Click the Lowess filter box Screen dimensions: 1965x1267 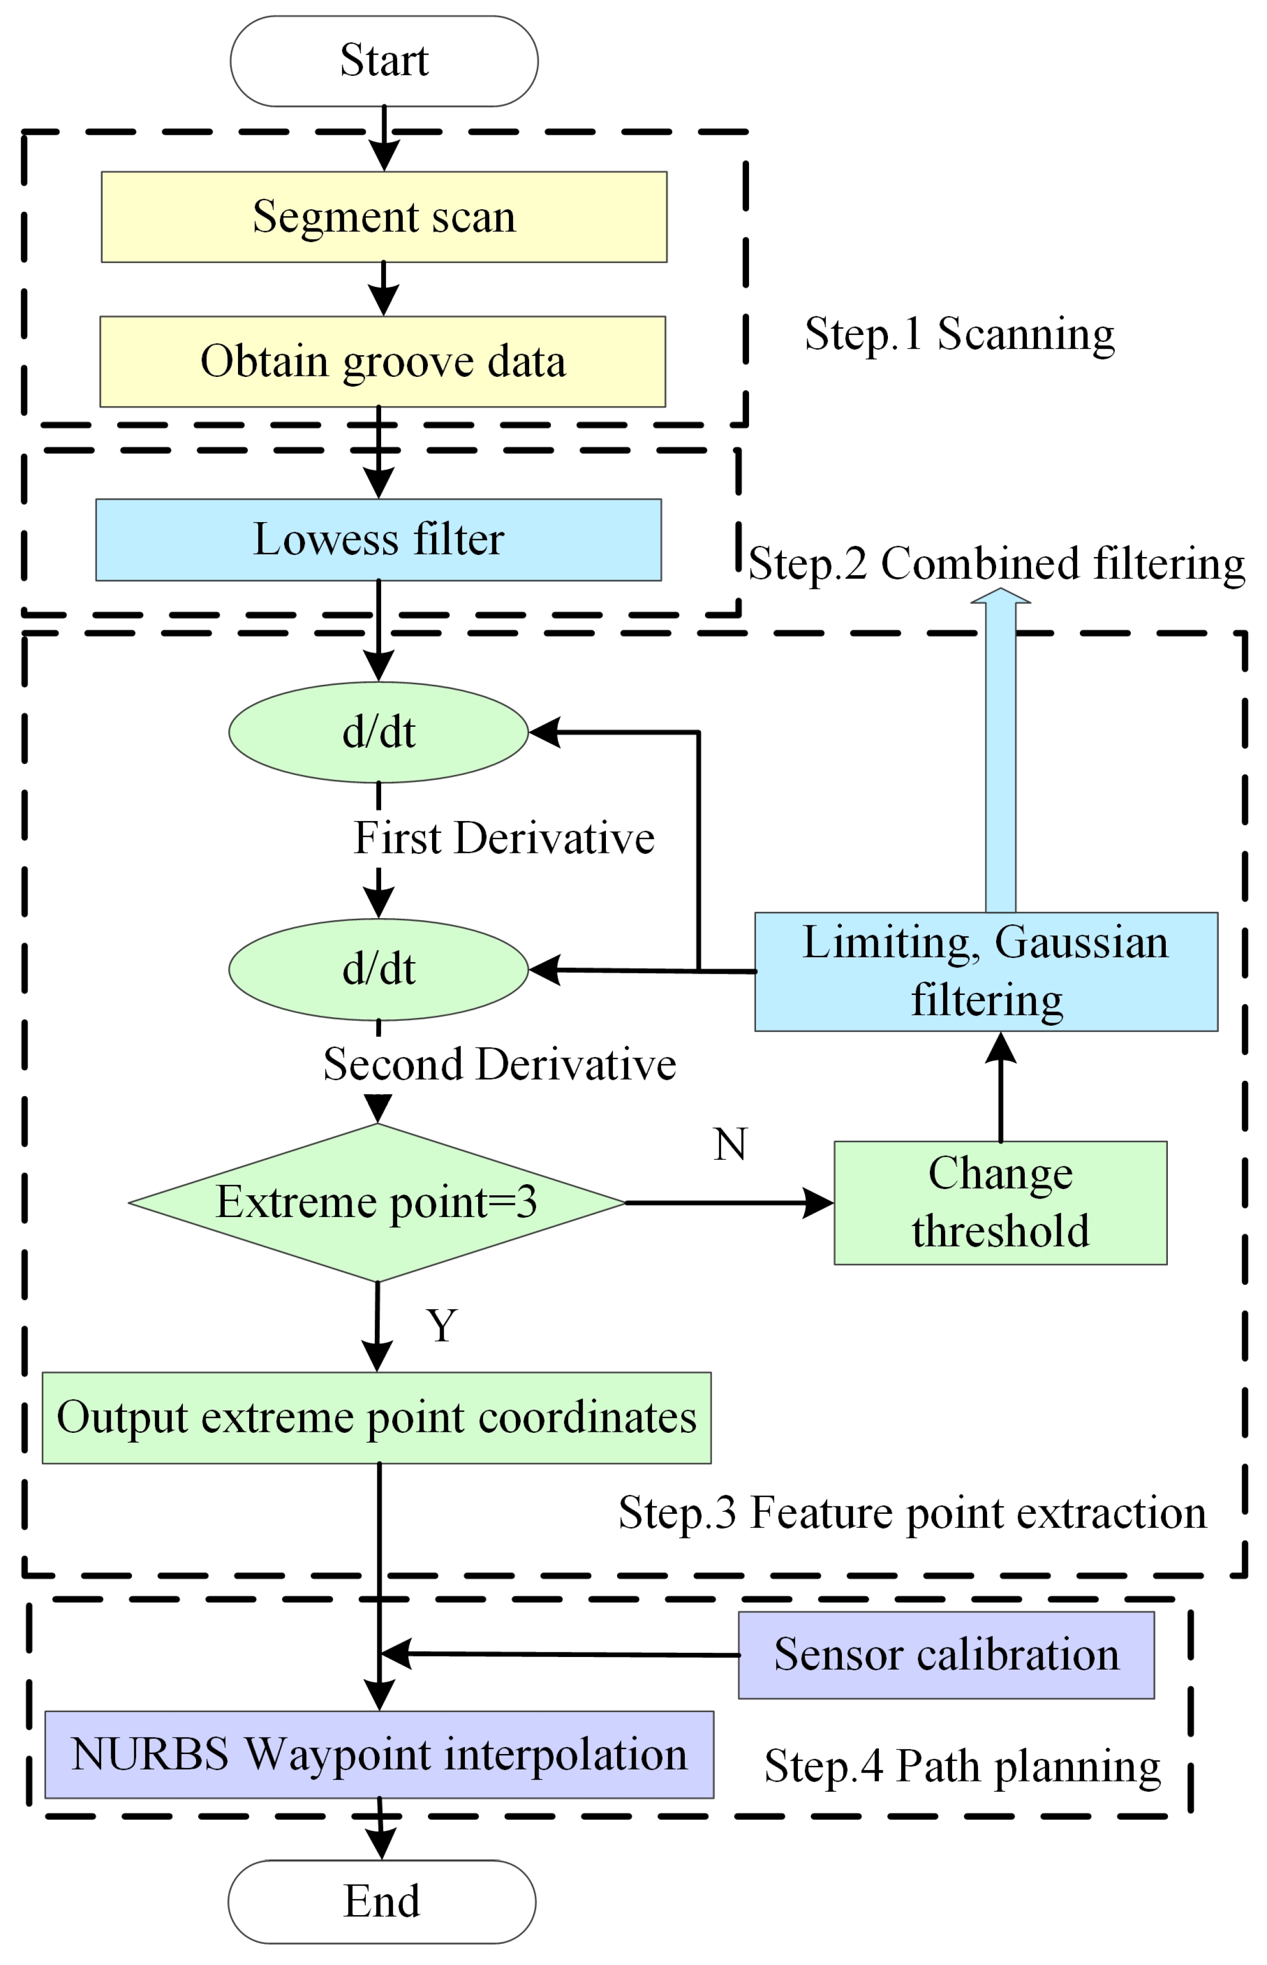coord(379,540)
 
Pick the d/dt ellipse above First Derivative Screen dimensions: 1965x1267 coord(379,732)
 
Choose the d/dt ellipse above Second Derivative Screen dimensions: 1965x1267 coord(379,969)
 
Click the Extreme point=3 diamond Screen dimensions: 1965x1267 coord(377,1203)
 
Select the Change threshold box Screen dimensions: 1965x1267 coord(1000,1203)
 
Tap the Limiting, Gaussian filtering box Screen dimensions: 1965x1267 coord(986,972)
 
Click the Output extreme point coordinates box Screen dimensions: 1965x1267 coord(377,1417)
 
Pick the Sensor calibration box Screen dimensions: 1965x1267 coord(946,1655)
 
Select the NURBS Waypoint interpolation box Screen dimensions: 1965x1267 coord(379,1755)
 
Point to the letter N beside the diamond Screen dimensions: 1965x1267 coord(731,1144)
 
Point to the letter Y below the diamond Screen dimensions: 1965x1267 coord(442,1325)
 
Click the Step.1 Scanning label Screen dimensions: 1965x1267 coord(960,334)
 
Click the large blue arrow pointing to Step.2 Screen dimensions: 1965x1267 coord(1000,757)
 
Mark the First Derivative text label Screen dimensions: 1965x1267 coord(504,838)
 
